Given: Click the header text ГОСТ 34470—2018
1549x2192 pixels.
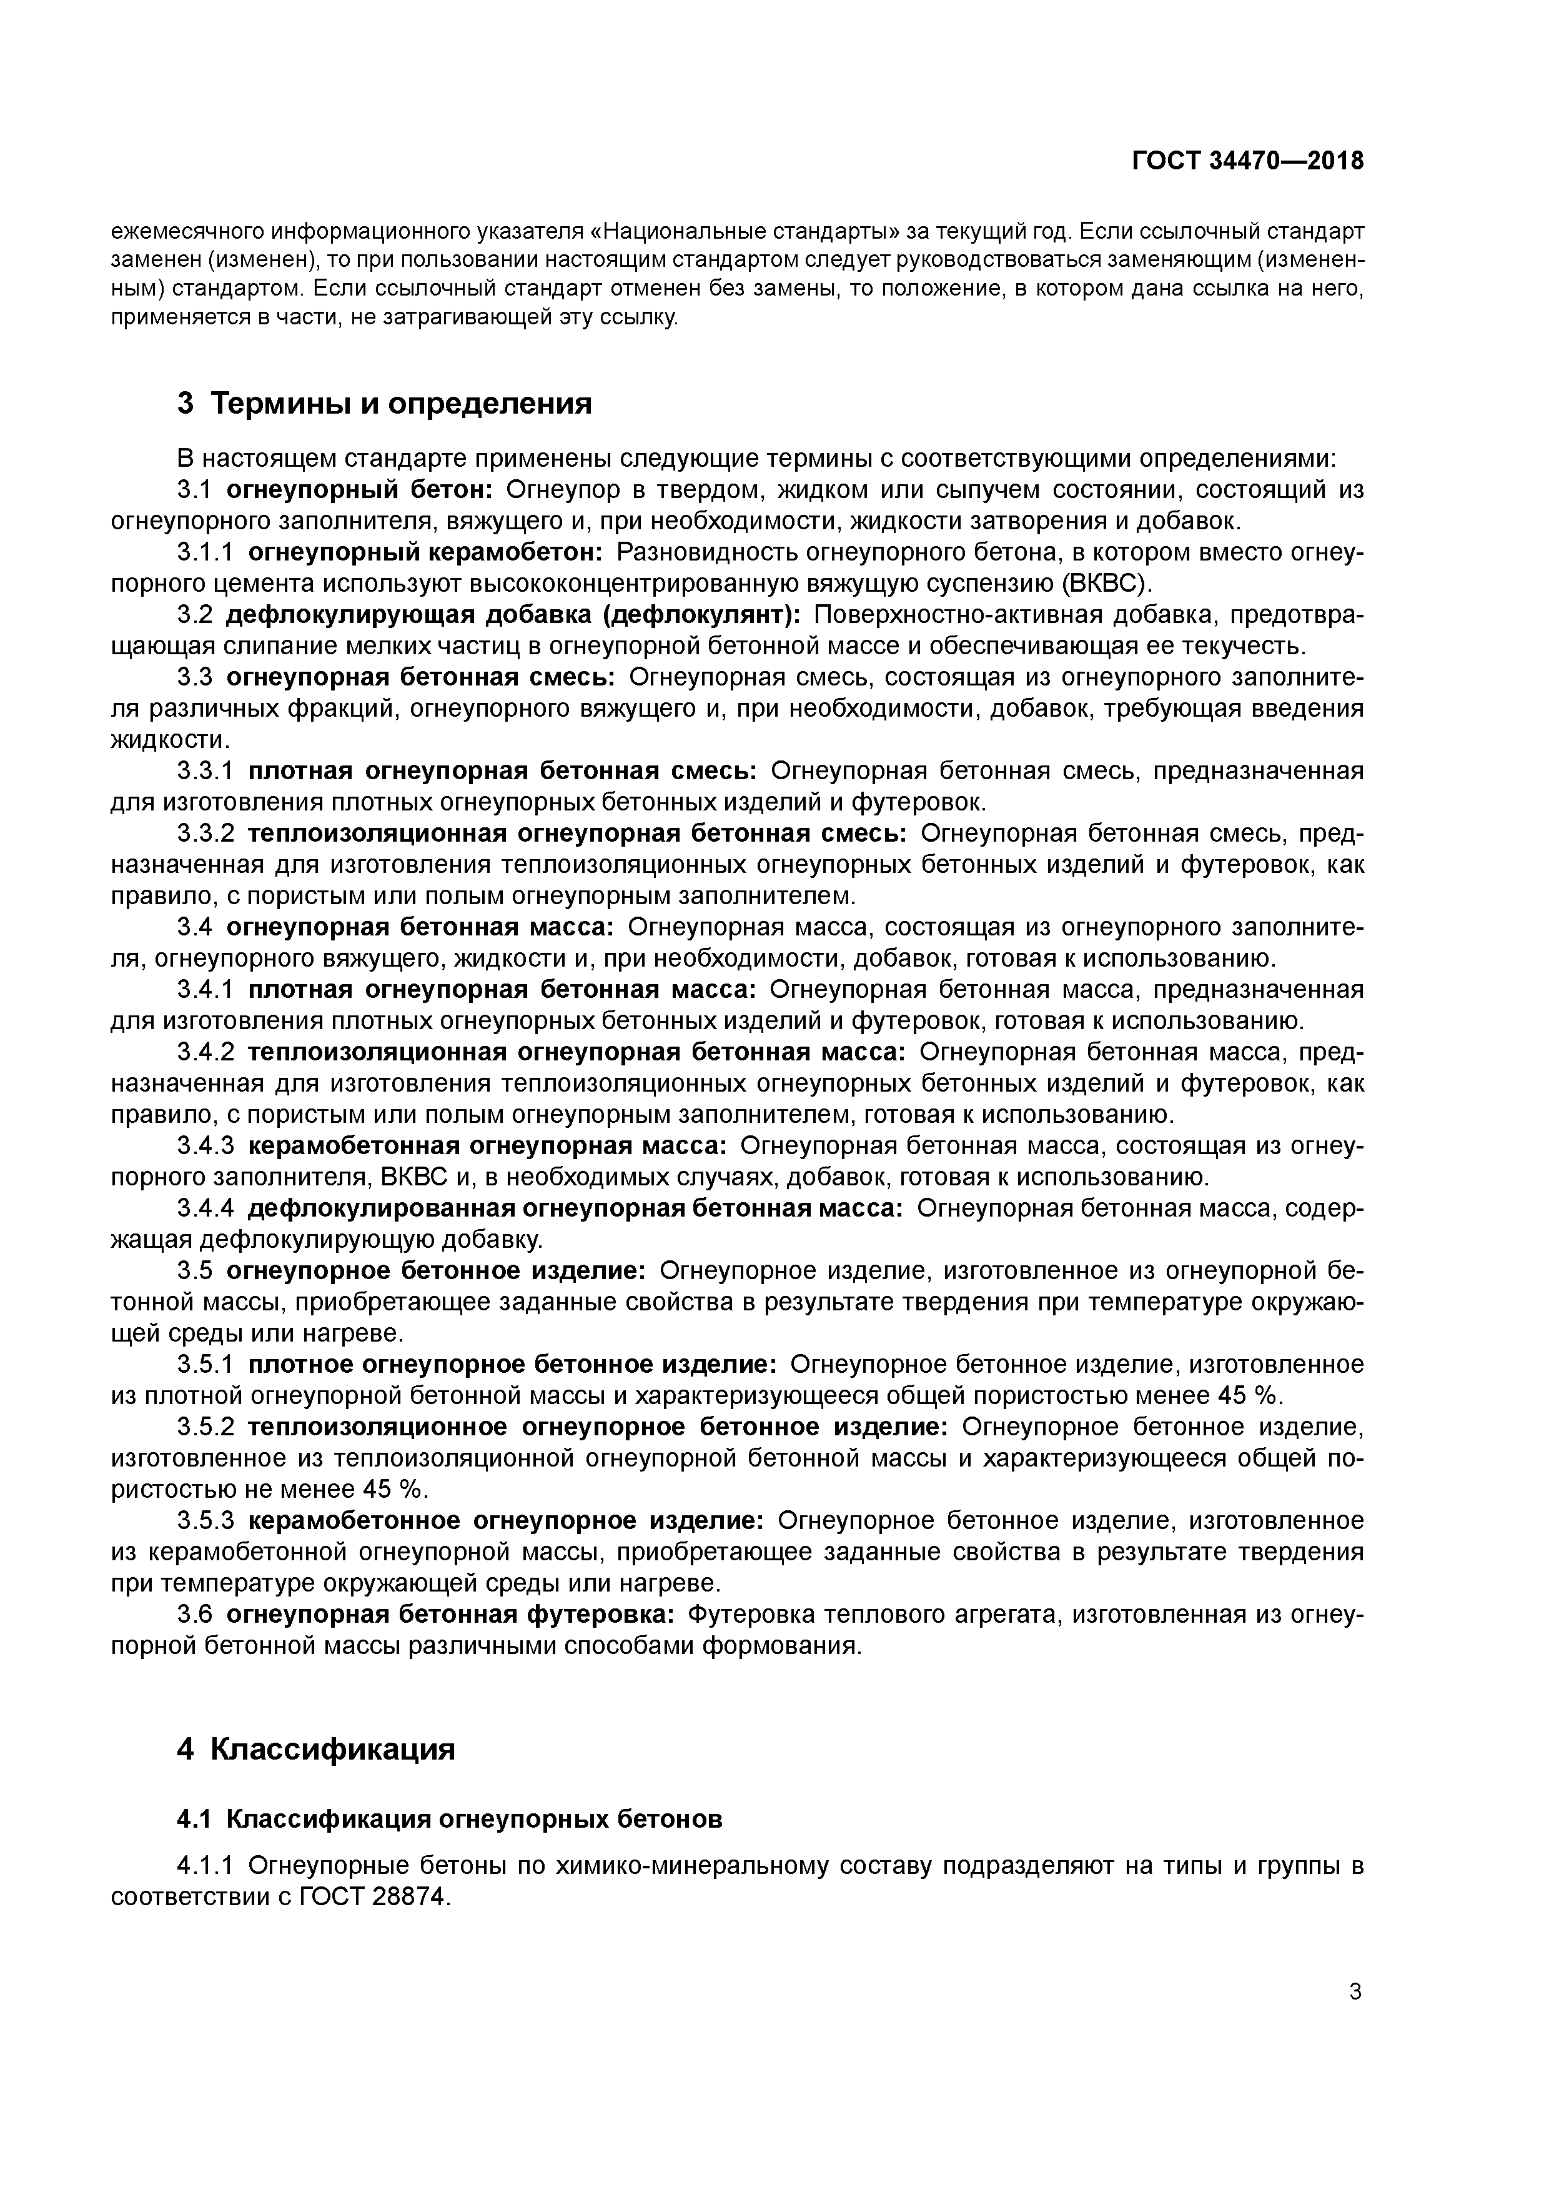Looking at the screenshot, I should pos(1247,161).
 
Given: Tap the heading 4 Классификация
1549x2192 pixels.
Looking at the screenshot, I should pos(316,1749).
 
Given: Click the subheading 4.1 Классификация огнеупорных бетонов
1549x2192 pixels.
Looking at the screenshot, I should pos(450,1819).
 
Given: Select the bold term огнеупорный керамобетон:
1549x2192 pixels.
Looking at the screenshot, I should pos(426,553).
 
